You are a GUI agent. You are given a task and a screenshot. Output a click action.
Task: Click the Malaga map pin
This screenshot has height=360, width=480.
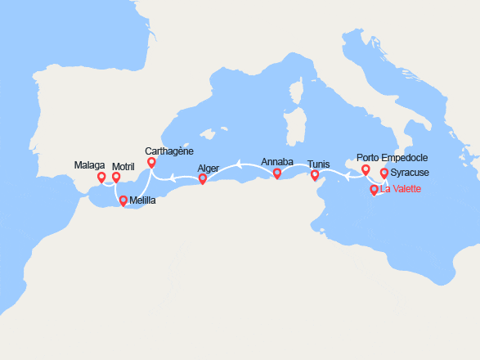[101, 176]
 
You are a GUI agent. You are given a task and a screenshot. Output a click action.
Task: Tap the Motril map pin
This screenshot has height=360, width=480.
[116, 176]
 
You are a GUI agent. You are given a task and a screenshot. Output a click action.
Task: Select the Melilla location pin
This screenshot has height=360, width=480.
[123, 200]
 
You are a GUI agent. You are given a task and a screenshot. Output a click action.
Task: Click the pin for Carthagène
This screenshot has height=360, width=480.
[150, 162]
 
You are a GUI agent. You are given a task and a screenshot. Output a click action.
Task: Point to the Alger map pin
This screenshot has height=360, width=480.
[203, 178]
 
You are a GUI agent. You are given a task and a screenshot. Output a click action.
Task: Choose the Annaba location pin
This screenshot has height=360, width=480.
[277, 173]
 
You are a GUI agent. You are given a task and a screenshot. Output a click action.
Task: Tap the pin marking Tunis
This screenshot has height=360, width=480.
[315, 173]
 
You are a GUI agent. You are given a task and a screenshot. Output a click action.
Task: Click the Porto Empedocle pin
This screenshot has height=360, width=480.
[366, 169]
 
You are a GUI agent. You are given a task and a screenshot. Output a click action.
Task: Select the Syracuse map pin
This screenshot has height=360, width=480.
[384, 173]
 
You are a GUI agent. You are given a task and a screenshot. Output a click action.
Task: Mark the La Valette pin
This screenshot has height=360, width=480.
[374, 189]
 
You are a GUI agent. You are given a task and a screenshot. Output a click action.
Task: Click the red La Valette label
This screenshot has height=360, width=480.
[401, 190]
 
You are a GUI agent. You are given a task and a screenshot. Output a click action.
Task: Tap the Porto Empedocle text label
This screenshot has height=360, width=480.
[393, 158]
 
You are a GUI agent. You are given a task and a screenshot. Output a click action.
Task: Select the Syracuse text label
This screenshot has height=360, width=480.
[410, 173]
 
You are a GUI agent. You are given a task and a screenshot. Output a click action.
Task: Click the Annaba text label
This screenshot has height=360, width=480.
[277, 162]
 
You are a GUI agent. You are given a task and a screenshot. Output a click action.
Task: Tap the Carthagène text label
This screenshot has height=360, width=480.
[169, 151]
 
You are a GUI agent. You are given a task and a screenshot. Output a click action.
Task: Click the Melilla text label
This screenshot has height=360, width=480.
[141, 200]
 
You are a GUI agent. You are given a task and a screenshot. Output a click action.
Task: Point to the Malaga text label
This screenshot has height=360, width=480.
[90, 165]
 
